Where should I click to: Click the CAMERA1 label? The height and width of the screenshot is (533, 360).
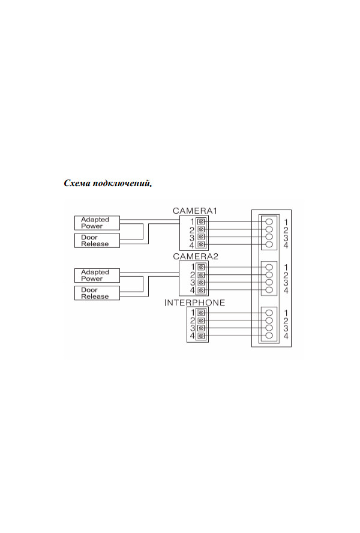tap(194, 211)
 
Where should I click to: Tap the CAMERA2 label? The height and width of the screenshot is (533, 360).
tap(195, 256)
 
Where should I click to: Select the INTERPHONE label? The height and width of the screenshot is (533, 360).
tap(194, 303)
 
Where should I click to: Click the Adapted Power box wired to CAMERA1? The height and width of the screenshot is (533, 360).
tap(97, 223)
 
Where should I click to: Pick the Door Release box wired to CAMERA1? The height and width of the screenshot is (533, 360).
tap(97, 241)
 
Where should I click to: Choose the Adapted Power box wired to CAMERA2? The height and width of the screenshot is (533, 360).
tap(97, 276)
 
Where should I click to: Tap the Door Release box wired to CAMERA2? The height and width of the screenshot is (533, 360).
tap(97, 293)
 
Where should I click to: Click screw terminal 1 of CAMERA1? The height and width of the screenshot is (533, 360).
tap(201, 221)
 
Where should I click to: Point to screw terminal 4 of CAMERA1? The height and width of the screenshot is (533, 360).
tap(201, 245)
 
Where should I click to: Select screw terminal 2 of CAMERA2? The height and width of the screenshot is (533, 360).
tap(201, 275)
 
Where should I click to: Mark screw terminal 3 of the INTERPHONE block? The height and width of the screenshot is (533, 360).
tap(201, 328)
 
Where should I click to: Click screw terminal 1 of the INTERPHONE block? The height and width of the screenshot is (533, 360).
tap(201, 313)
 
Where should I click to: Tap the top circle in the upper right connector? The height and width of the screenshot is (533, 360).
tap(269, 221)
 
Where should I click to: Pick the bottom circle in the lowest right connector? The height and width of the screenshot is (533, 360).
tap(269, 336)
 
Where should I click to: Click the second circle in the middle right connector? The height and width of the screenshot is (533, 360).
tap(269, 275)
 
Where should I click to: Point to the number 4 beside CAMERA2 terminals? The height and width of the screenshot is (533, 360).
tap(192, 291)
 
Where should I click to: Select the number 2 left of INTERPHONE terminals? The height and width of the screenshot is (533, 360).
tap(193, 321)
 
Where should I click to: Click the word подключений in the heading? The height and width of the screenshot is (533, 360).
tap(121, 184)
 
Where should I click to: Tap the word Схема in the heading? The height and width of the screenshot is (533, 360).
tap(77, 184)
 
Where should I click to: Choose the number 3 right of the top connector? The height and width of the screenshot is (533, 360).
tap(286, 238)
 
